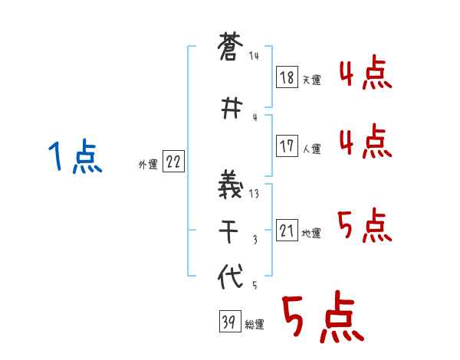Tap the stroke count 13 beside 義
pos(254,195)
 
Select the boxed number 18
pos(287,78)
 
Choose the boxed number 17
pos(287,147)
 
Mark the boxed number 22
pos(173,162)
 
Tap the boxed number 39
pos(228,322)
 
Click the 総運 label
pos(255,325)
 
